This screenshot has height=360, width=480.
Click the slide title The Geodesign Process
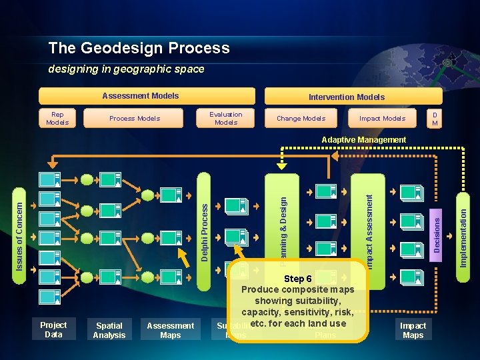click(x=139, y=48)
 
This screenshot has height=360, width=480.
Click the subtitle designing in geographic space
click(x=126, y=69)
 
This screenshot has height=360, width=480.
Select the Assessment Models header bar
click(x=147, y=96)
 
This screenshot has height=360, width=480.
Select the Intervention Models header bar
click(x=346, y=97)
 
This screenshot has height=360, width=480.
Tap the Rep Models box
click(x=57, y=118)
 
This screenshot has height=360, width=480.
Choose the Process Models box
click(x=135, y=118)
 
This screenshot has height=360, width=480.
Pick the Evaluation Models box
click(x=226, y=118)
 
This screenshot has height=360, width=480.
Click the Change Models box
click(x=301, y=118)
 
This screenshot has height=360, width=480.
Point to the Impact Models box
click(x=382, y=118)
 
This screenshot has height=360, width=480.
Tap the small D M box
click(x=435, y=118)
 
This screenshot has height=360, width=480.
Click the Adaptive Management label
click(x=363, y=140)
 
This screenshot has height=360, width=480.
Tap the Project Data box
click(x=53, y=329)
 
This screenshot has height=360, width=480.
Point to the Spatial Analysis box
click(x=109, y=330)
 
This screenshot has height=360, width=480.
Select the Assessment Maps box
click(x=170, y=330)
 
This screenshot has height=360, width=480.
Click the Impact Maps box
click(x=413, y=330)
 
